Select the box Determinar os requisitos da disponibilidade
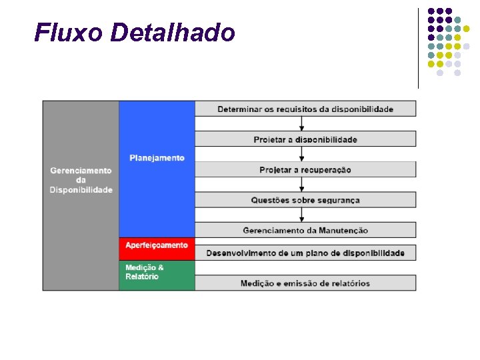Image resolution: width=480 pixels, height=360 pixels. coord(305,109)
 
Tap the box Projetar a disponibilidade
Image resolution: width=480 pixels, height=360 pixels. coord(305,139)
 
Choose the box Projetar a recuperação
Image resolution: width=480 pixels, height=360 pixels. coord(305,169)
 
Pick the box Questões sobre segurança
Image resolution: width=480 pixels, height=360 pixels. coord(305,200)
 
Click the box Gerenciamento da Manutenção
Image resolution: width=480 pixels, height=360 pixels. coord(305,230)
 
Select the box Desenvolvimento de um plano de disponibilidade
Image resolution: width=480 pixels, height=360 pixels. coord(305,253)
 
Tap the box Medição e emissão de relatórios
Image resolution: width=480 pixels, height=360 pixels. coord(305,283)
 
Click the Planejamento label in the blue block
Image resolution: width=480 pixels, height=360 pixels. coord(157,158)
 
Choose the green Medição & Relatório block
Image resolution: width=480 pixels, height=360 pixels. coord(157,275)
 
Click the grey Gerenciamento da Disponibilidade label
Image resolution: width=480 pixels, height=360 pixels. coord(81,180)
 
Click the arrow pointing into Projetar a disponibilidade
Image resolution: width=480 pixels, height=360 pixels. coord(302,124)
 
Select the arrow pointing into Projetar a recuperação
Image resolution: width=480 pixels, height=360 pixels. coord(302,154)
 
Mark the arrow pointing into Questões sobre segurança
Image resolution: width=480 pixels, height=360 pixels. coord(302,185)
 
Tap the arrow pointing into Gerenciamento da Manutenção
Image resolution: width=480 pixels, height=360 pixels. coord(302,215)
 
